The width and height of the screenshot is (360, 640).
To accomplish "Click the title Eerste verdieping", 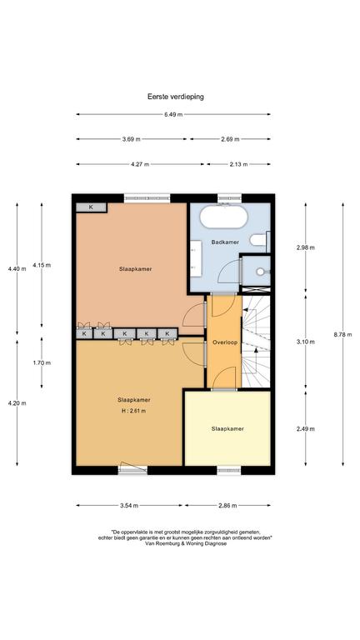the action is [176, 97].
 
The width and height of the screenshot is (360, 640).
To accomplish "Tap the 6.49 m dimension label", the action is [173, 115].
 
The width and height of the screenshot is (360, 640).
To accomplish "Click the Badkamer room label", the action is [225, 242].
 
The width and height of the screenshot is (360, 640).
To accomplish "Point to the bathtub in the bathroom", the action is [223, 217].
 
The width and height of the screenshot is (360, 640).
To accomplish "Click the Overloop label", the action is [225, 342].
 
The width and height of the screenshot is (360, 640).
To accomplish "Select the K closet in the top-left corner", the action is [91, 207].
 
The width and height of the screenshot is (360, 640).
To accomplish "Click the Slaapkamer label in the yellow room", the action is [227, 428].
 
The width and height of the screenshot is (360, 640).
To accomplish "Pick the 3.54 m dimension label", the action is [129, 506].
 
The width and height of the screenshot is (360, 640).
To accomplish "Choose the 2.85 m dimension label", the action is [227, 506].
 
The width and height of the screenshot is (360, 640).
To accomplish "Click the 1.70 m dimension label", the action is [42, 362].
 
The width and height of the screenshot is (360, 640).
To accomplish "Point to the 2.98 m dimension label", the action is [306, 247].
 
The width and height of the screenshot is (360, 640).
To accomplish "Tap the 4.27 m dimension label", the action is [140, 164].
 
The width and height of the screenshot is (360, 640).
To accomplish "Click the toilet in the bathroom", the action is [258, 240].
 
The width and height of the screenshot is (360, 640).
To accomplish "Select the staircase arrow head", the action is [256, 350].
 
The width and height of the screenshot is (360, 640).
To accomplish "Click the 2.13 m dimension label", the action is [239, 164].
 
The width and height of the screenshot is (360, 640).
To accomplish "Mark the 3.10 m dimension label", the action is [306, 342].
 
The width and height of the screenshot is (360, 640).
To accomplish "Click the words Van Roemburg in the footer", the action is [159, 543].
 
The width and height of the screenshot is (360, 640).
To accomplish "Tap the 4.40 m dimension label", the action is [17, 268].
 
